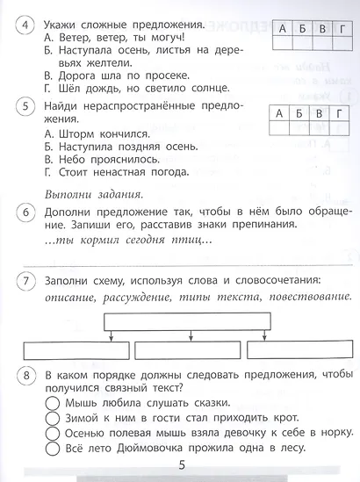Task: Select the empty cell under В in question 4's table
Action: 323,48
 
